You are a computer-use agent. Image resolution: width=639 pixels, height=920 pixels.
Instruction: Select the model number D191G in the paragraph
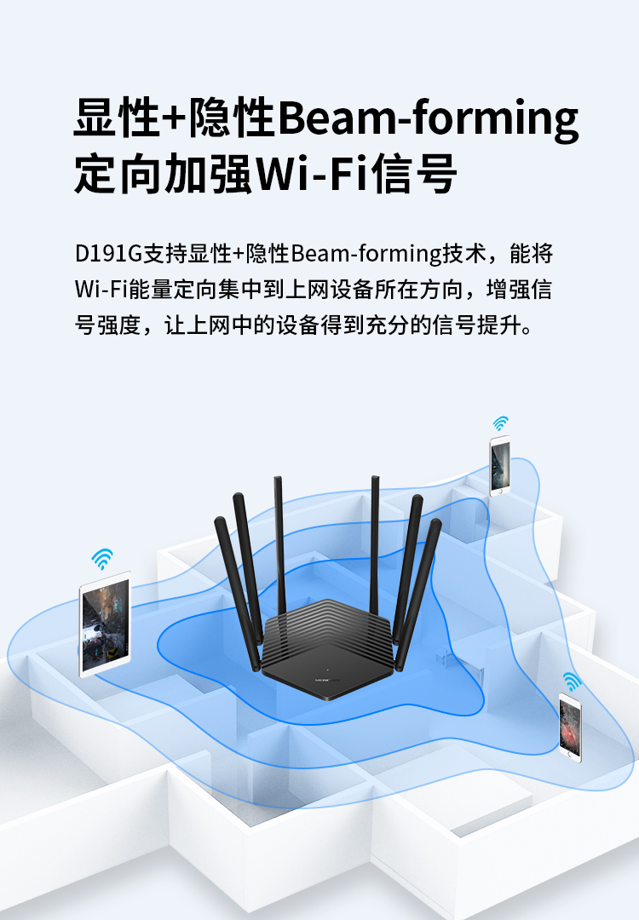108,254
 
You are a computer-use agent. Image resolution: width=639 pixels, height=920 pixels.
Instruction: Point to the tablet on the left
105,624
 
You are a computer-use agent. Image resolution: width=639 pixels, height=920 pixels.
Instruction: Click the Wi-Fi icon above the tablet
102,559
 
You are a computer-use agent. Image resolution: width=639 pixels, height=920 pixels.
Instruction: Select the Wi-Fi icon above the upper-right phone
500,423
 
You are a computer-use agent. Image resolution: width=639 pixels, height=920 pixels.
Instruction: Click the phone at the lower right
570,727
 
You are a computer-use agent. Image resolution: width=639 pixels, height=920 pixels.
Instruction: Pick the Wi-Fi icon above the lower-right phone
572,681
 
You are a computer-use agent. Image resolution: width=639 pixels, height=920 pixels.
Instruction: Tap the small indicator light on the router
327,670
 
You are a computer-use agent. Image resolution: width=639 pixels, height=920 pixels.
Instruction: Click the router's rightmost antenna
419,594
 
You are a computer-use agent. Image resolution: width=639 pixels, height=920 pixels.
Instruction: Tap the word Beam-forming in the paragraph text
366,254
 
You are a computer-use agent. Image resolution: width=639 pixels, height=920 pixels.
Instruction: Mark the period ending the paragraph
527,330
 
